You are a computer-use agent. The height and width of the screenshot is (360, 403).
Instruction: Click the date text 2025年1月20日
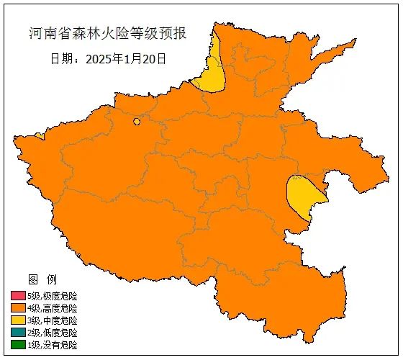126,58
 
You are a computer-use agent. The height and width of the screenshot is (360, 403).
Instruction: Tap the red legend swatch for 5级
18,296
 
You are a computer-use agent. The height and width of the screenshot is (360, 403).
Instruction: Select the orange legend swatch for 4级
18,308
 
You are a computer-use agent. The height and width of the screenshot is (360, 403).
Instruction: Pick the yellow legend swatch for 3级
18,320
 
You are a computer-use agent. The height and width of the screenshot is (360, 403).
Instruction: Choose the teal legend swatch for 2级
18,333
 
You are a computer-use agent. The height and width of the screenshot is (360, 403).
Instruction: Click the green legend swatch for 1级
18,345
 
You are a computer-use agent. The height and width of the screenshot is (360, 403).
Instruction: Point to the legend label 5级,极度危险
52,296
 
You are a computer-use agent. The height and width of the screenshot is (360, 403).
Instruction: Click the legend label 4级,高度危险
52,308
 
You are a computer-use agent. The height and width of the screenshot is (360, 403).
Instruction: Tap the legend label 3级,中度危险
52,320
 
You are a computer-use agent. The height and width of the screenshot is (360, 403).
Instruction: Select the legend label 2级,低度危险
52,333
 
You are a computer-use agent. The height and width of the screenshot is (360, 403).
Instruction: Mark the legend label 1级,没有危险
52,345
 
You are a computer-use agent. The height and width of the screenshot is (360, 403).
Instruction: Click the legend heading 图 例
42,279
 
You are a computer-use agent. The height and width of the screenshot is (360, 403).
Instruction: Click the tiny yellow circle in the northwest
136,122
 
